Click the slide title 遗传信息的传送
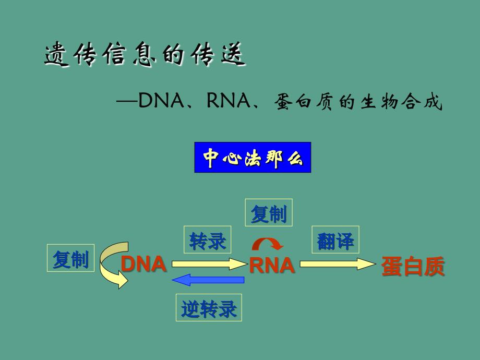145,56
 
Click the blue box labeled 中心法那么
253,158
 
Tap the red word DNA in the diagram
143,265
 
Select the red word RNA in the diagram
272,266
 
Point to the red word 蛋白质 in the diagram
413,266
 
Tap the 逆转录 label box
209,308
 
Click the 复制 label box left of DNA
70,258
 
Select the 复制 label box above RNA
269,213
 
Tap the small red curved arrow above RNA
268,243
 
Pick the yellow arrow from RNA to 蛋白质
337,264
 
